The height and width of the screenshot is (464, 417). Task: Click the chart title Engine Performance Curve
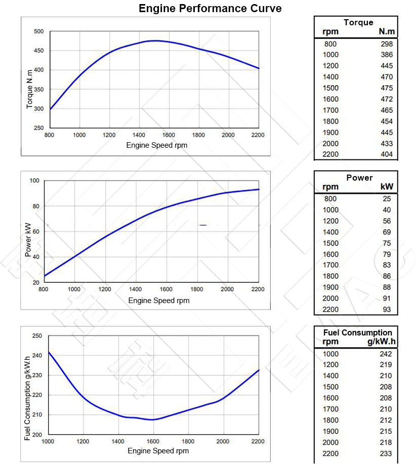[210, 9]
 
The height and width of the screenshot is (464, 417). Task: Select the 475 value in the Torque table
[387, 88]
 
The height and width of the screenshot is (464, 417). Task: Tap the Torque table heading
[358, 22]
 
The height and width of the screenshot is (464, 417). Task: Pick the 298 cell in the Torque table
[387, 44]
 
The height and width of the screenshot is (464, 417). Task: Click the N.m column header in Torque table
[387, 32]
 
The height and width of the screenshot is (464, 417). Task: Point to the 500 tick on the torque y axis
[39, 31]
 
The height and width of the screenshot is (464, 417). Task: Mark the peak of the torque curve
[154, 40]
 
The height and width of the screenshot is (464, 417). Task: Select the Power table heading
[359, 178]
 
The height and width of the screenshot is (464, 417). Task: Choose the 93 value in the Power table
[387, 310]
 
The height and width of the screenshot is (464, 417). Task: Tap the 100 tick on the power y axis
[35, 181]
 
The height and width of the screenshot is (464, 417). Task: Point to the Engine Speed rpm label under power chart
[159, 301]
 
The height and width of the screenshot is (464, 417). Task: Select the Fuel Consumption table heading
[357, 332]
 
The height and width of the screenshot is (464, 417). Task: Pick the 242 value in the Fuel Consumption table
[386, 354]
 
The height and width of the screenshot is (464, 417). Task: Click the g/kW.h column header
[382, 342]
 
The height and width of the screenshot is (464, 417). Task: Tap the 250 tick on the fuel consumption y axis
[37, 336]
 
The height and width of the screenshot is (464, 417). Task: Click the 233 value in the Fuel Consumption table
[386, 453]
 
